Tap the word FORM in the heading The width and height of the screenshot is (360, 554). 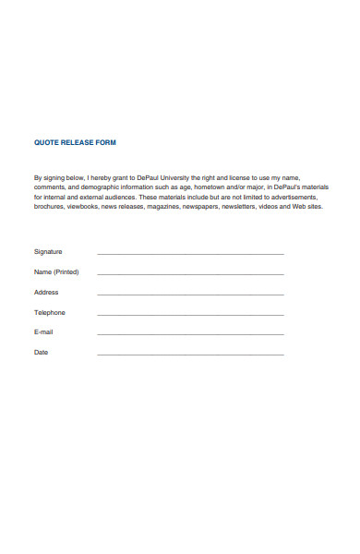tap(105, 143)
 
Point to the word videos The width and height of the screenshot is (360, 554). tap(273, 207)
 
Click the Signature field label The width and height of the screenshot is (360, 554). tap(48, 251)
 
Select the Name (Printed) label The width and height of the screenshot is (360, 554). tap(56, 271)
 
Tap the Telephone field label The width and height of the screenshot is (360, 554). tap(50, 312)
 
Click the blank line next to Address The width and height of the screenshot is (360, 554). tap(190, 294)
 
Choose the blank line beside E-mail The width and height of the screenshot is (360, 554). tap(190, 334)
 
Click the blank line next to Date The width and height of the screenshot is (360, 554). tap(190, 355)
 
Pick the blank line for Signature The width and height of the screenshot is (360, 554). tap(190, 253)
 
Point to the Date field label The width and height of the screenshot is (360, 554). tap(42, 353)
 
